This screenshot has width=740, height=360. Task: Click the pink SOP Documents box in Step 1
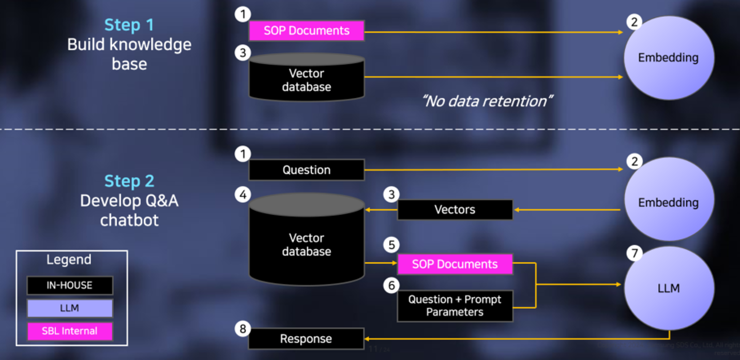coord(307,31)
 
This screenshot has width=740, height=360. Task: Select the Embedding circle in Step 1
coord(669,57)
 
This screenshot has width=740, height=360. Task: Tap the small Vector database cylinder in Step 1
coord(307,79)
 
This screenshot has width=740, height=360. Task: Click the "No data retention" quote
coord(486,101)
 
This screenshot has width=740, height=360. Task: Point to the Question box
coord(307,170)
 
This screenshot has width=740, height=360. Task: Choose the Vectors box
coord(455,209)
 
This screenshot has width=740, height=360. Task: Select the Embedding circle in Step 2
coord(669,202)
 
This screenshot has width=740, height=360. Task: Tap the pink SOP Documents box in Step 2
coord(455,264)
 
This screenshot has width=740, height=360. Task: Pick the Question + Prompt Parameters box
coord(455,306)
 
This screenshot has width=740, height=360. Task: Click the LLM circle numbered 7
coord(669,288)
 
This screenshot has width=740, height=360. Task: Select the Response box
coord(307,339)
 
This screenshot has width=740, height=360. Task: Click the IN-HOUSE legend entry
coord(70,285)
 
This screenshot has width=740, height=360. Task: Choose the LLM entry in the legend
coord(70,308)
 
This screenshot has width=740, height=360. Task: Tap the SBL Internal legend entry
coord(70,331)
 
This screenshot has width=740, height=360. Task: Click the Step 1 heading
coord(129,25)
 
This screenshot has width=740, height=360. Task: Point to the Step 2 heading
coord(129,181)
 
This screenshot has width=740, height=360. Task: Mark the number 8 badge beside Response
coord(241,328)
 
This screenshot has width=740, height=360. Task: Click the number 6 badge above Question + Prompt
coord(391,284)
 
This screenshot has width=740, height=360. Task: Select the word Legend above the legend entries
coord(69,260)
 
